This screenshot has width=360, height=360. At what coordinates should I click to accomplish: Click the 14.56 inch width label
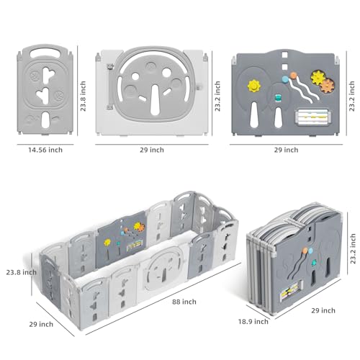click(45, 150)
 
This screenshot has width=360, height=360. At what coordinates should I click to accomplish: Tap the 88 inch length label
click(184, 302)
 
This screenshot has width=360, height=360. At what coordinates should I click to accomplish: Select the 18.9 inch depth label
click(253, 321)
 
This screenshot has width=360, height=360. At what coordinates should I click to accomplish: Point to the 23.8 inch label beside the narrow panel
click(83, 96)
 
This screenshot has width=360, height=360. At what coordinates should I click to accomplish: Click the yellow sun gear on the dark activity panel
click(254, 86)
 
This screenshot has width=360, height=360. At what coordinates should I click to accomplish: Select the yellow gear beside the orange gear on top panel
click(318, 78)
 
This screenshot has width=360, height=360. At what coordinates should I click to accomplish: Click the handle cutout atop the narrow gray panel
click(45, 53)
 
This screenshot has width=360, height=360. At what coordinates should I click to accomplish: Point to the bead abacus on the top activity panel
click(312, 117)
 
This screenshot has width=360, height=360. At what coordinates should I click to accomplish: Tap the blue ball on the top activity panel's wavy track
click(285, 79)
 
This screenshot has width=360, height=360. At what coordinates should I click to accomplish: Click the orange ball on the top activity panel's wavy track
click(293, 76)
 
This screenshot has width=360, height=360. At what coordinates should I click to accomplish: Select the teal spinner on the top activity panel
click(278, 98)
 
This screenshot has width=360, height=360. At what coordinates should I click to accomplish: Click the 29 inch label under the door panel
click(152, 150)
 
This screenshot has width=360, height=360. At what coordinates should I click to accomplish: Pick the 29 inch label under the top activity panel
click(286, 150)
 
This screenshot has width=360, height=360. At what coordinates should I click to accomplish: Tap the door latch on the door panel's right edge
click(199, 87)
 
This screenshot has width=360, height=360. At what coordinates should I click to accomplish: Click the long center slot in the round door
click(156, 99)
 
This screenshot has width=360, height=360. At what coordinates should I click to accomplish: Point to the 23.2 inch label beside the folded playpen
click(353, 248)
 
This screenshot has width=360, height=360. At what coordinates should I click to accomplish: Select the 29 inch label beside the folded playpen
click(323, 310)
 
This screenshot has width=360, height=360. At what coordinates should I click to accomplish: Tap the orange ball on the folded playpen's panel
click(305, 251)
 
